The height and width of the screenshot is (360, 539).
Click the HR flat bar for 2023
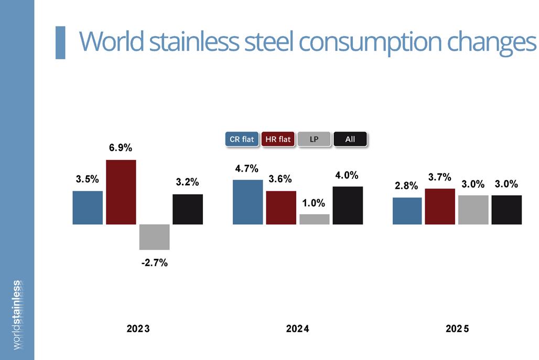point(121,192)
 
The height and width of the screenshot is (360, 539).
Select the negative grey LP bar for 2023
point(154,237)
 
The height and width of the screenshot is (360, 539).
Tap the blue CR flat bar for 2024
point(248,202)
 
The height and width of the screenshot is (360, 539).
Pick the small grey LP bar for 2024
point(315,219)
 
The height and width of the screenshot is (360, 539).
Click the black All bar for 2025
point(506,210)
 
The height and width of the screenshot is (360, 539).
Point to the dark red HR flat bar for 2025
point(440,206)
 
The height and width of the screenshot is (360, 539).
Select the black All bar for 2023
point(188,209)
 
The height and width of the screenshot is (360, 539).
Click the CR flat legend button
point(242,140)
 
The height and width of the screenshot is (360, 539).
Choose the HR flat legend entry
point(278,140)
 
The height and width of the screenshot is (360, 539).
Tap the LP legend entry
point(314,140)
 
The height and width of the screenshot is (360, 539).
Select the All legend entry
point(350,140)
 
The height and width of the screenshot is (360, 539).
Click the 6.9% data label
point(121,147)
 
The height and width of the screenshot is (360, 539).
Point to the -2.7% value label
point(155,263)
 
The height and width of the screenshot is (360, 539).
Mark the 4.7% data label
point(247,168)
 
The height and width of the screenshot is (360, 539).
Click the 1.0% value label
point(314,203)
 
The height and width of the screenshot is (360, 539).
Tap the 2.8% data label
point(406,186)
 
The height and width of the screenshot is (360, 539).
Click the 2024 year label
point(298,329)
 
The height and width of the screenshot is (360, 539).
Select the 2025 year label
point(457,329)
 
